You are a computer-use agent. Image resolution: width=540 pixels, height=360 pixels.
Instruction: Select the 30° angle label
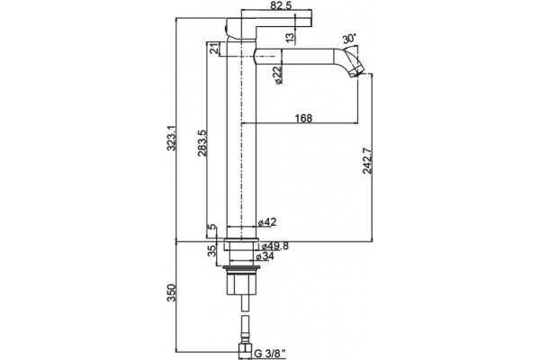(x=349, y=39)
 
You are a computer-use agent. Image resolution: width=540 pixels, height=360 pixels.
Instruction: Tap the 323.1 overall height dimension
(x=171, y=138)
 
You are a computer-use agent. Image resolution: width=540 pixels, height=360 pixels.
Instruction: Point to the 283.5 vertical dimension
(x=202, y=143)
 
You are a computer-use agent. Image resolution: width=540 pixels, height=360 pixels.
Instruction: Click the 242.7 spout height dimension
(x=367, y=160)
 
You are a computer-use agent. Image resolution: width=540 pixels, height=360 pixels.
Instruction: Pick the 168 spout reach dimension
(x=303, y=118)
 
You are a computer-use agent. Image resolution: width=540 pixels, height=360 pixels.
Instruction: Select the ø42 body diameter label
(x=267, y=222)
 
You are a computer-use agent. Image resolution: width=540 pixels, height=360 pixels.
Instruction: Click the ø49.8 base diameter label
(x=274, y=246)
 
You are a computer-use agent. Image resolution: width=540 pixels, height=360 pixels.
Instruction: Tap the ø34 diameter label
(x=265, y=256)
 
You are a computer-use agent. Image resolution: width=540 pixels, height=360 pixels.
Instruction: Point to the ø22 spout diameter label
(x=277, y=75)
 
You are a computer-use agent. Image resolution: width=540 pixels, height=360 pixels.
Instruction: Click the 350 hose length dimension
(x=171, y=292)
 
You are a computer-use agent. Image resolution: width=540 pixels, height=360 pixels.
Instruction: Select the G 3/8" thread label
(x=270, y=353)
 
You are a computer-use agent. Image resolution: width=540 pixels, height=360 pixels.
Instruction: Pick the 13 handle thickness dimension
(x=291, y=37)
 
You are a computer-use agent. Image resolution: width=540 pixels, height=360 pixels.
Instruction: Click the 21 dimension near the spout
(x=214, y=49)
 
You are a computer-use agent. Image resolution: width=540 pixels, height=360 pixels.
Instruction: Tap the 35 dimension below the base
(x=212, y=250)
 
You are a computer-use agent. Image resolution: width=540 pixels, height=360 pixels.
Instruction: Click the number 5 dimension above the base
(x=212, y=227)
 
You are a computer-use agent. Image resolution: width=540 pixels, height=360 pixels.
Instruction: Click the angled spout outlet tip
(x=356, y=74)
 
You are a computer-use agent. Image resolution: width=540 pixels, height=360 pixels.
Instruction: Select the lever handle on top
(x=268, y=26)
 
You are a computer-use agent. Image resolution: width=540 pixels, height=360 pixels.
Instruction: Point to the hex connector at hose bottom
(x=246, y=349)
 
